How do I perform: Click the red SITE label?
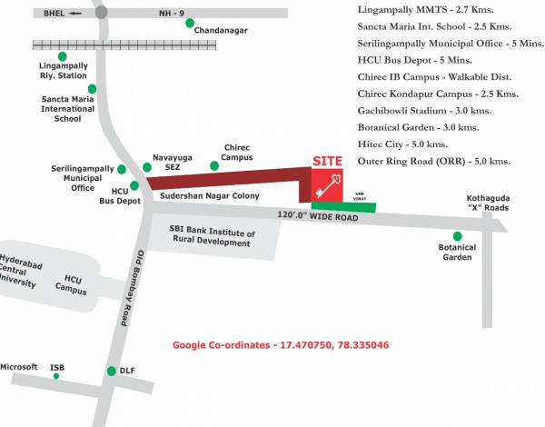(328, 161)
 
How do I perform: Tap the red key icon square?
(329, 184)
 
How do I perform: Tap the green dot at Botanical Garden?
(457, 236)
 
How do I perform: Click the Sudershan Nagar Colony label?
(209, 195)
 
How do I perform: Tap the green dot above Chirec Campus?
(214, 165)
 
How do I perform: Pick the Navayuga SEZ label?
(173, 162)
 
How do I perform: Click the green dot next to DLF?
(111, 371)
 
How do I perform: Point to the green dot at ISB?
(55, 376)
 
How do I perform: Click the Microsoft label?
(19, 367)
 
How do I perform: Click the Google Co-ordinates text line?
(282, 345)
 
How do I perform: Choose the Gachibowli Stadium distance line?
(425, 110)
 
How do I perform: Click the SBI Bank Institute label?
(212, 238)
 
